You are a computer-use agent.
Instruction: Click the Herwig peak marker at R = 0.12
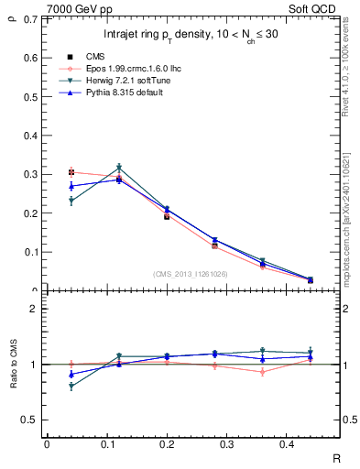click(x=119, y=168)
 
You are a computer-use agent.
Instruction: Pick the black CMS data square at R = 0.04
click(x=71, y=172)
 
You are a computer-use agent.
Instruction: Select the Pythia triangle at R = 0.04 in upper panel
click(x=71, y=186)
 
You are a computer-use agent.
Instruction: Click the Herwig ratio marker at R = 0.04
click(x=71, y=387)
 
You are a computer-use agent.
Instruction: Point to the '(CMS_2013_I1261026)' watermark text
click(x=191, y=272)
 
